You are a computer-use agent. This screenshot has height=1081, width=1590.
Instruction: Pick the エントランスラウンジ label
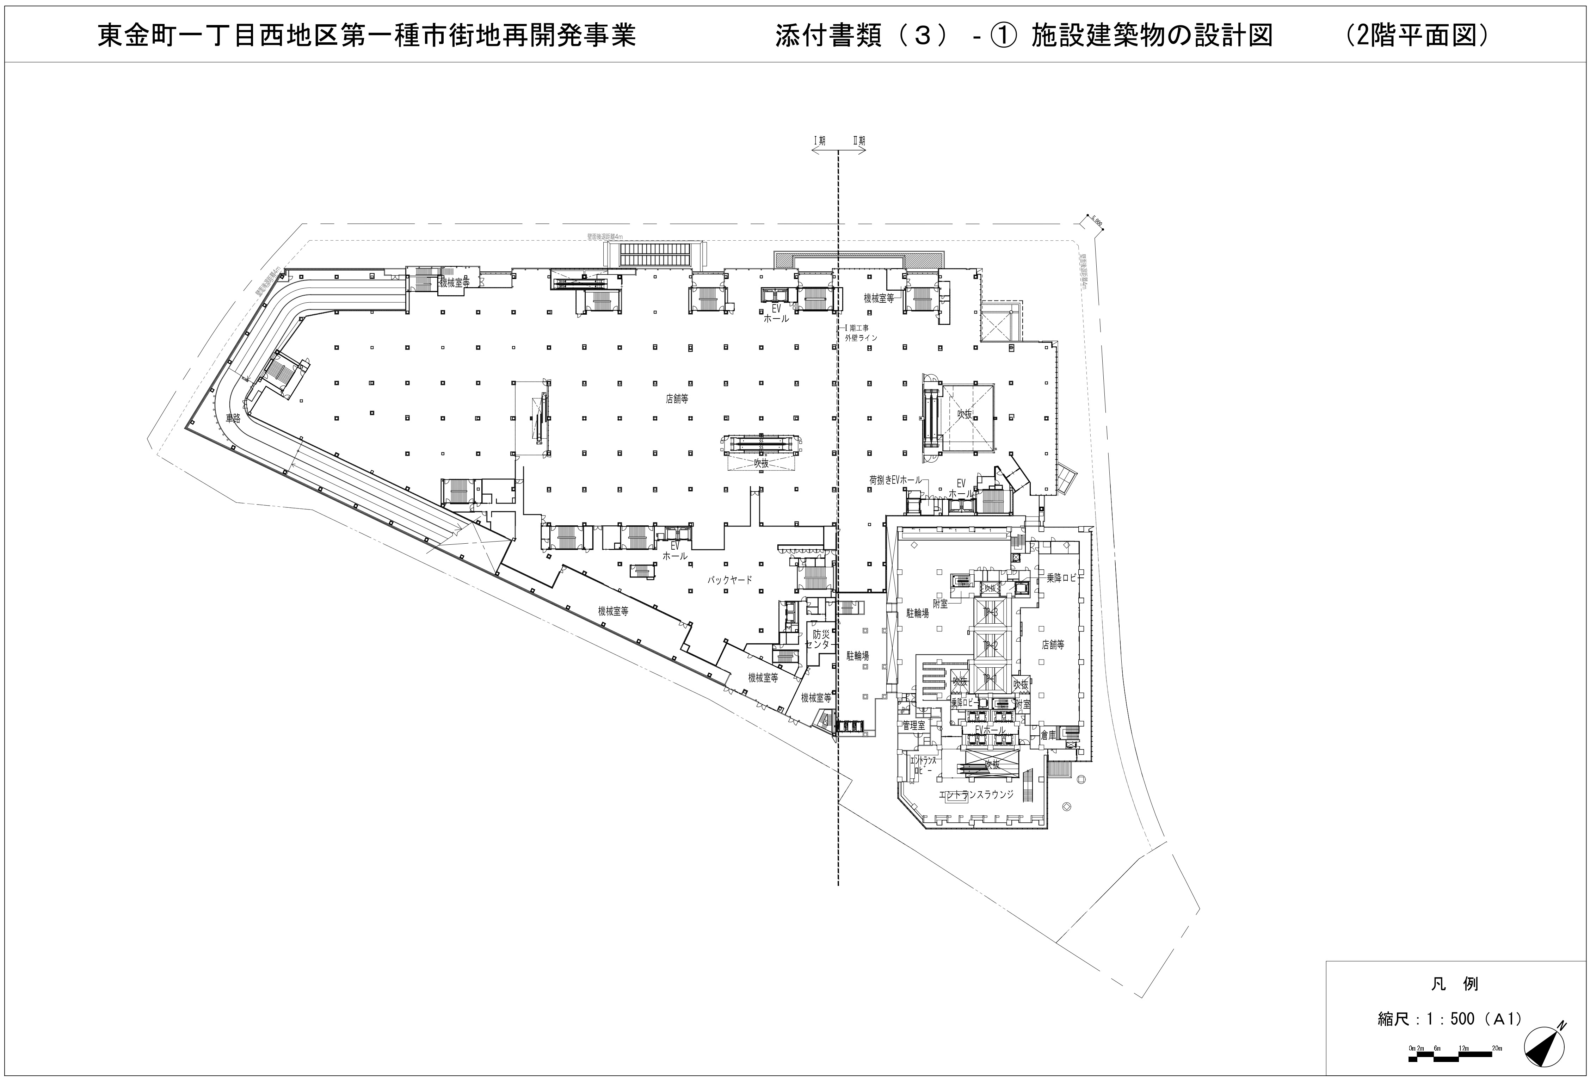click(976, 795)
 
